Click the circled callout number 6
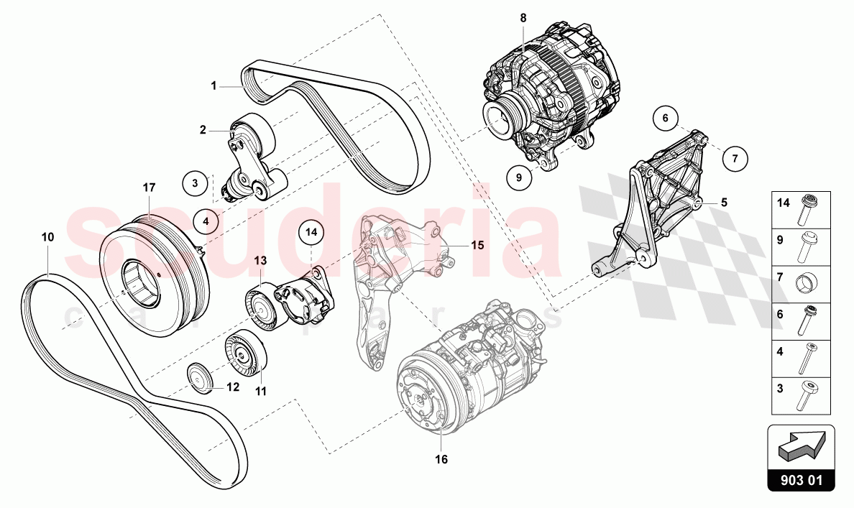(666, 117)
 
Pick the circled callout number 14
(311, 232)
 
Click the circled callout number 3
(194, 183)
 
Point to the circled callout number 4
(206, 221)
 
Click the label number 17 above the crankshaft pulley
(149, 188)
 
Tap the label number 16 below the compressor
(441, 459)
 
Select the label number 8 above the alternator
(523, 17)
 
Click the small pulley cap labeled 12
(199, 378)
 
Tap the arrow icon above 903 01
(802, 449)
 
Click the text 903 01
(802, 481)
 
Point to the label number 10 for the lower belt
(47, 236)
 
